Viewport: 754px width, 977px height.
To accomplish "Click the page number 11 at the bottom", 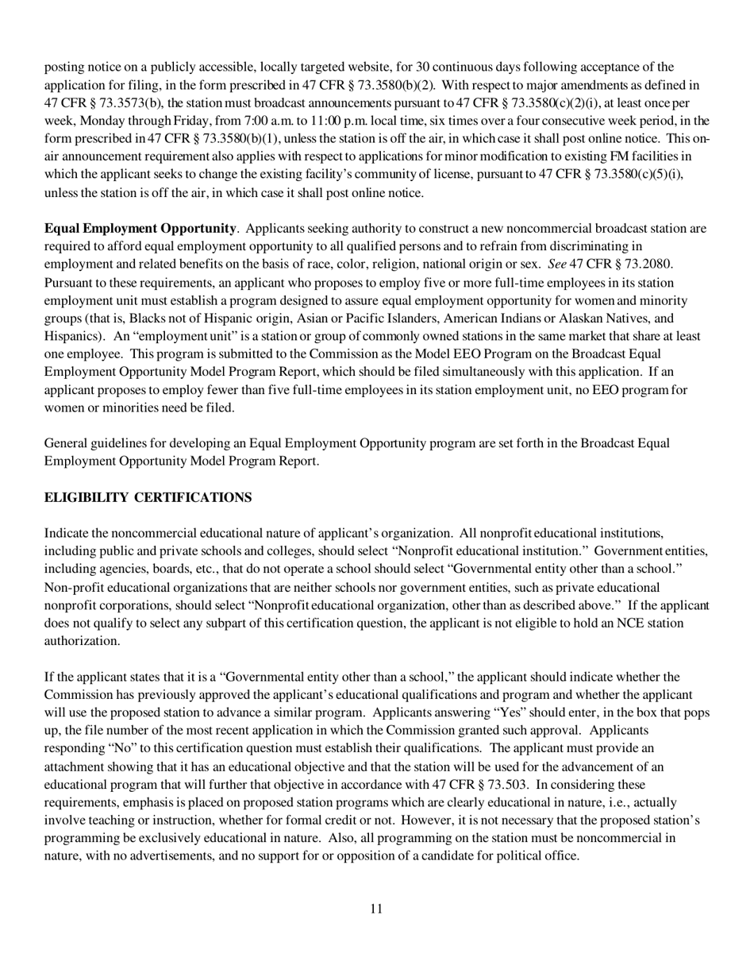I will (376, 909).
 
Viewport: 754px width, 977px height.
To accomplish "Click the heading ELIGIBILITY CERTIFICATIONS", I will (148, 497).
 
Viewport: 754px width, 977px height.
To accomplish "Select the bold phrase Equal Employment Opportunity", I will (140, 229).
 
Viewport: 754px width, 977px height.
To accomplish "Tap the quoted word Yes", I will (517, 712).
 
